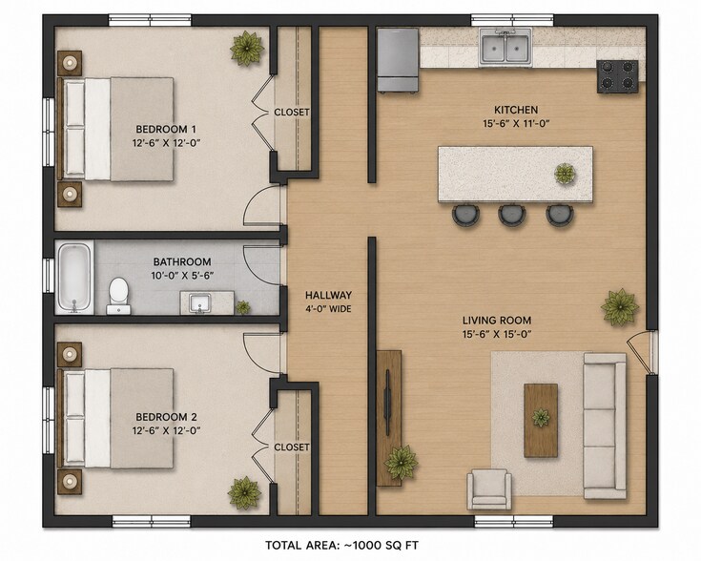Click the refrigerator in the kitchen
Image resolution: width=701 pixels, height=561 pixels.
[398, 60]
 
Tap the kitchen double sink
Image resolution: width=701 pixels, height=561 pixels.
[506, 48]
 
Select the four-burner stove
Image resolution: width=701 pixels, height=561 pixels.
[617, 76]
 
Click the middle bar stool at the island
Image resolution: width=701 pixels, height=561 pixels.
[511, 215]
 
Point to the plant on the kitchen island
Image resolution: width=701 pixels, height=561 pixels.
[565, 174]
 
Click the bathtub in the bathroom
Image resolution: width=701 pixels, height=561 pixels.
[74, 278]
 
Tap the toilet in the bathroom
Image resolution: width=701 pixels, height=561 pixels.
[118, 296]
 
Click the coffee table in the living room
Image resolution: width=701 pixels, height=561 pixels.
[541, 421]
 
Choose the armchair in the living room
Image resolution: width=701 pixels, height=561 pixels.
[488, 489]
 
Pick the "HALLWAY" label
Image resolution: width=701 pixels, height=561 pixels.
[328, 295]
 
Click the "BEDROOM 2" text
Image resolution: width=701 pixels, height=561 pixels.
[166, 417]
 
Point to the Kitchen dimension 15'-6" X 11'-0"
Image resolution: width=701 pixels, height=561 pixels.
[516, 123]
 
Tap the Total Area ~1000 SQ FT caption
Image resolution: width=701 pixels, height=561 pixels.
[342, 546]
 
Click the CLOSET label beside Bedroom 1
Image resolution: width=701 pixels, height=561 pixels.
[292, 112]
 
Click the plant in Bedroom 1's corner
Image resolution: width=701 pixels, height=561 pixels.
[247, 48]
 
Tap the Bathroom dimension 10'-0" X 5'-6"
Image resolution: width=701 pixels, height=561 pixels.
[182, 276]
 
